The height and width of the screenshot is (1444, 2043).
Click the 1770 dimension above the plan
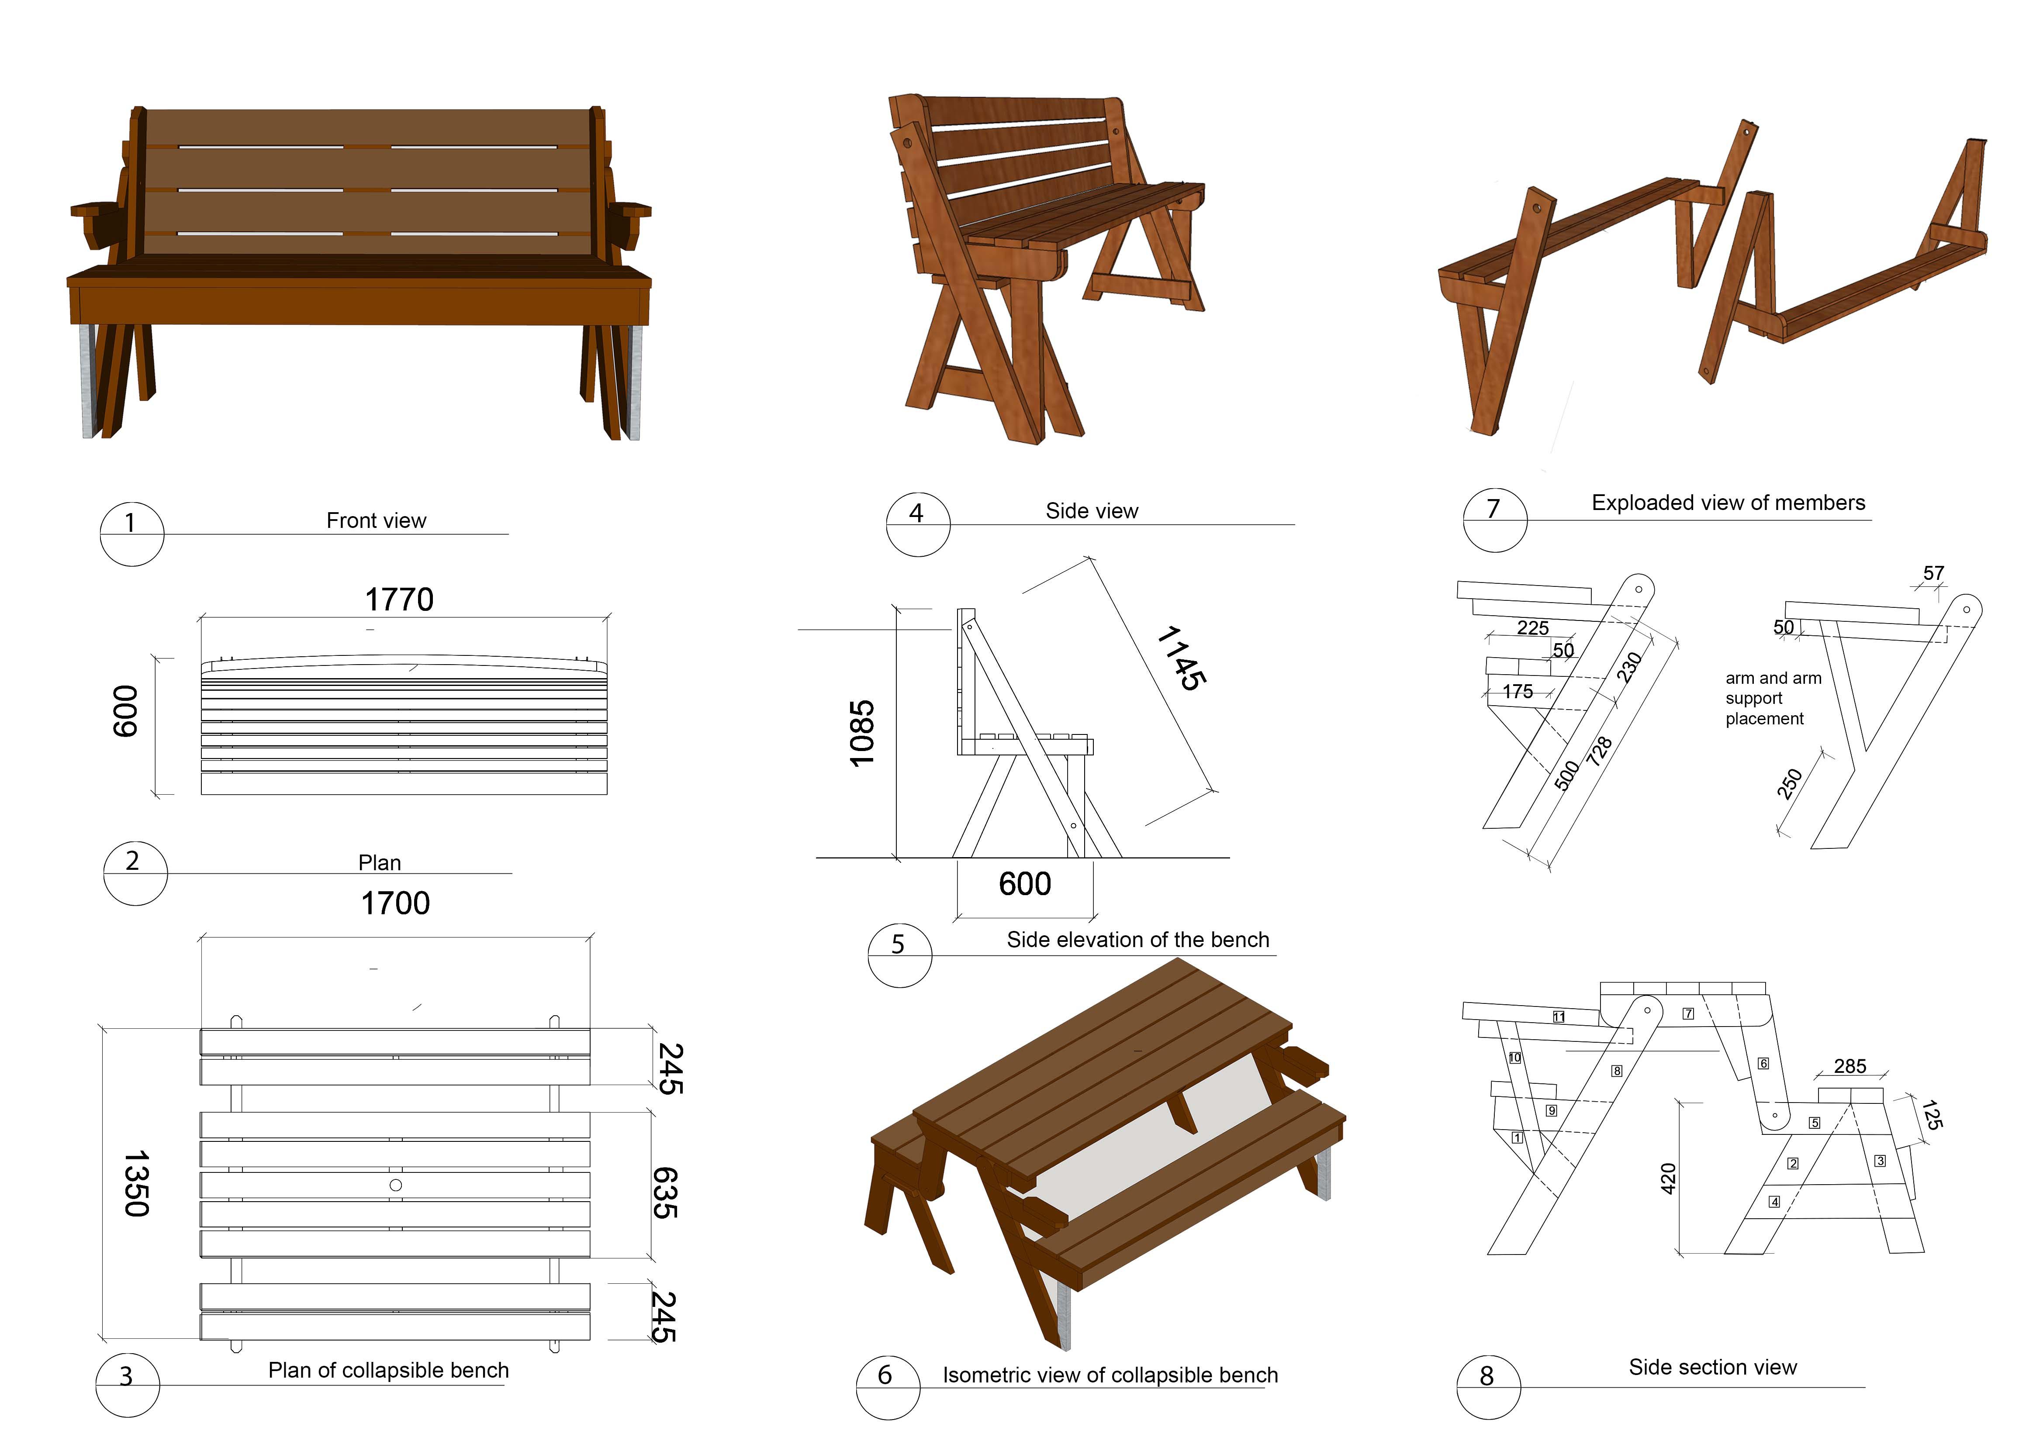(x=399, y=600)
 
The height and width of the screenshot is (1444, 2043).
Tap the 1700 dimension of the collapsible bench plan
(x=395, y=903)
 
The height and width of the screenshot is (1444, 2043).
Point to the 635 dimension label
(x=666, y=1192)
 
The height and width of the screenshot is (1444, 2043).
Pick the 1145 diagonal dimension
(x=1182, y=658)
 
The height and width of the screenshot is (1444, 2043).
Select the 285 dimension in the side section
(x=1850, y=1066)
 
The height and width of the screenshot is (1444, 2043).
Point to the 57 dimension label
(x=1933, y=573)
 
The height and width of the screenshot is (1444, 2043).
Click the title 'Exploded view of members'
(x=1728, y=503)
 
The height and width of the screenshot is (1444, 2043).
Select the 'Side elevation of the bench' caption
(x=1137, y=940)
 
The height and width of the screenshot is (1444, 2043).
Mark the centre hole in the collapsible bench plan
(x=396, y=1185)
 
